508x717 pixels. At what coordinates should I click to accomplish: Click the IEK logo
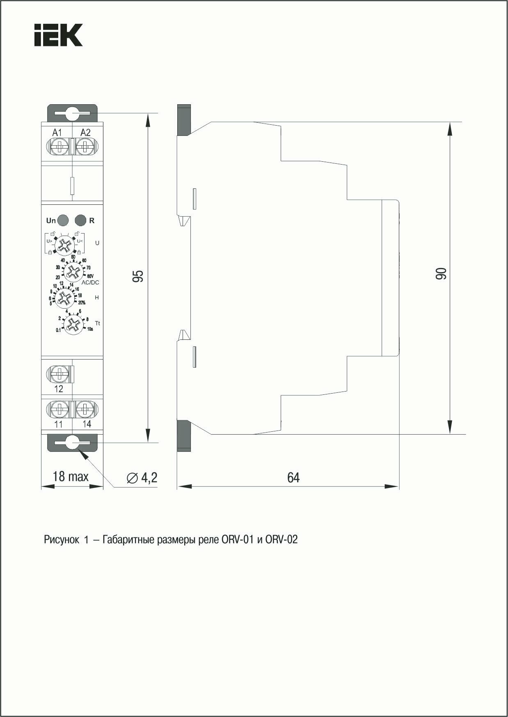(59, 34)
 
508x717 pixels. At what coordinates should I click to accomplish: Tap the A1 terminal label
(57, 133)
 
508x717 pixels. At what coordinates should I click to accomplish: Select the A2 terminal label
(85, 133)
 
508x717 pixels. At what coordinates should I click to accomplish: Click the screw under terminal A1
(60, 147)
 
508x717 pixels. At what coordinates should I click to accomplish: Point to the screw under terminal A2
(85, 147)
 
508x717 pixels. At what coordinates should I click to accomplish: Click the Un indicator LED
(63, 220)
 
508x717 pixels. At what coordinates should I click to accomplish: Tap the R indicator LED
(80, 220)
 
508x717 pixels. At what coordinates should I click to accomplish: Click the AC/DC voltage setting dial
(73, 271)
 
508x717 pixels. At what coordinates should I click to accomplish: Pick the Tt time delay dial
(73, 324)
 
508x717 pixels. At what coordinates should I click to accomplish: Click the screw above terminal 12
(59, 373)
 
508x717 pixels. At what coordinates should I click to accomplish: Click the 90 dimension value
(440, 274)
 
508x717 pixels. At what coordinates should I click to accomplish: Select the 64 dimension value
(293, 477)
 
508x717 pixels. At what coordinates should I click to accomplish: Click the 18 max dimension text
(71, 476)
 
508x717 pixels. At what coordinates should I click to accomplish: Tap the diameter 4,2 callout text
(142, 477)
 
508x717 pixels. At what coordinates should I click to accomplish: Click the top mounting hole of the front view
(73, 113)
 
